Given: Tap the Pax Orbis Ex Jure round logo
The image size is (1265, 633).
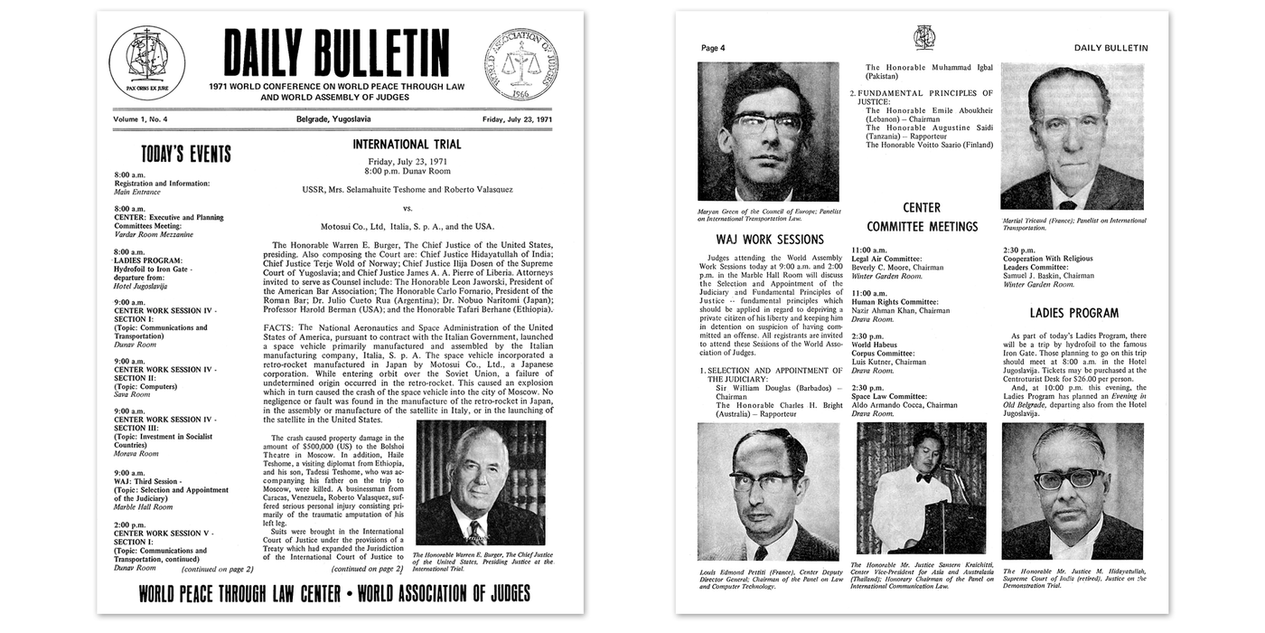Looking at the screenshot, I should click(147, 61).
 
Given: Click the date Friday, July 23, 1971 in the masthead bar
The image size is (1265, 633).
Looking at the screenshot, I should click(517, 119).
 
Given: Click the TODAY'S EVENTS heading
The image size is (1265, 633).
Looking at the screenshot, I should click(185, 154).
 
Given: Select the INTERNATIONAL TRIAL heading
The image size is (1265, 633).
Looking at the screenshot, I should click(407, 144).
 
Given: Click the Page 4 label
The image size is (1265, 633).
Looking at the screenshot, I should click(713, 48).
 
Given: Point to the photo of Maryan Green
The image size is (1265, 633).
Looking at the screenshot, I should click(768, 131).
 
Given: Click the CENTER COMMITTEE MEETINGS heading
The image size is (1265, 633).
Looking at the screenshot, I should click(922, 217).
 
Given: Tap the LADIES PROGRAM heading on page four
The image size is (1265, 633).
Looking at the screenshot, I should click(1073, 313).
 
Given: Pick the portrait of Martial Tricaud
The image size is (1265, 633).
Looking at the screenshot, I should click(1073, 137).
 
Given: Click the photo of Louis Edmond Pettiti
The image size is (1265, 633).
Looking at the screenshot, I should click(768, 492).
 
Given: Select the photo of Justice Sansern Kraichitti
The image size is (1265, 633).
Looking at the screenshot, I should click(922, 488).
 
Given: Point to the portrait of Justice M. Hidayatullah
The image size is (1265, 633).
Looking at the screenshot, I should click(1073, 492).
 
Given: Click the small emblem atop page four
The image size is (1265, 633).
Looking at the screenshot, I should click(923, 37).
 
